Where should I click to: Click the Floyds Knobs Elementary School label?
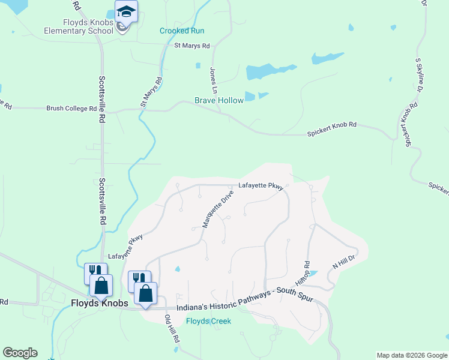[79, 27]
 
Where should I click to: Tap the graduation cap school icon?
[127, 11]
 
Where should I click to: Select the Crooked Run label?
[182, 31]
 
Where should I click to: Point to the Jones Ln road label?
[213, 79]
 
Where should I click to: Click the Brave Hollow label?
[219, 100]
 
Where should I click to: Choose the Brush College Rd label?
[71, 109]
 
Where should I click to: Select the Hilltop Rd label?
[303, 272]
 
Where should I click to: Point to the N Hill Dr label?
[344, 261]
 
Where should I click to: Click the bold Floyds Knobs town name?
[100, 304]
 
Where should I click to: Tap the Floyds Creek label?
[208, 321]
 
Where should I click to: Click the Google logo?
[20, 353]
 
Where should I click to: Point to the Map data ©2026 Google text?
[411, 355]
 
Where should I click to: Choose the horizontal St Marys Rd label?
[191, 46]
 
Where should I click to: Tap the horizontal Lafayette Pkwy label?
[261, 186]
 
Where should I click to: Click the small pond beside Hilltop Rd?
[312, 274]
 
